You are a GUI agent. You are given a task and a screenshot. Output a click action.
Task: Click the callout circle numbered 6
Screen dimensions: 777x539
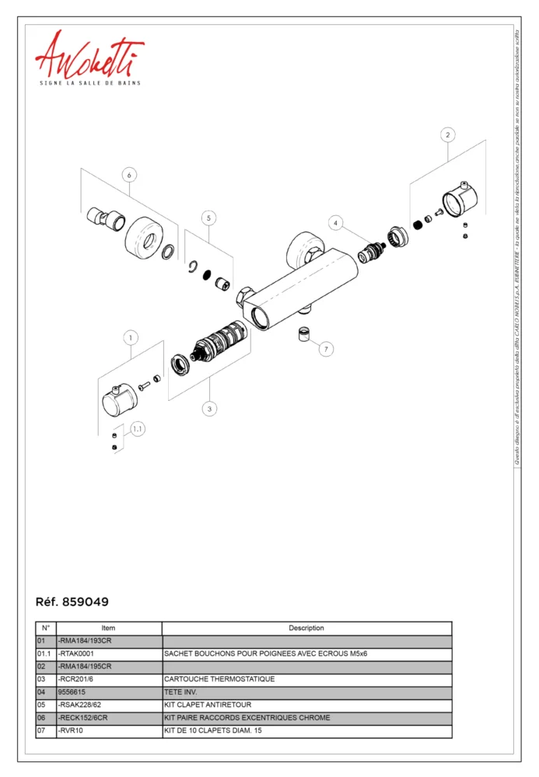pos(129,175)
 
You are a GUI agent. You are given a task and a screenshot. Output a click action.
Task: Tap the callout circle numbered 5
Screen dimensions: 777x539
pos(208,218)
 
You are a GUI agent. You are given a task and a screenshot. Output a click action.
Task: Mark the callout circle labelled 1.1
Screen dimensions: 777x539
pos(138,428)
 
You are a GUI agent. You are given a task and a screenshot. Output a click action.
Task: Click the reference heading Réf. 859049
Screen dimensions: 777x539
pos(72,602)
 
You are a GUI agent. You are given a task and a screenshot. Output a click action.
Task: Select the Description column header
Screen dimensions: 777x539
pos(306,628)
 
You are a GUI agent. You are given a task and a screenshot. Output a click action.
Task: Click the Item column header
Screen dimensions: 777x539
pos(109,628)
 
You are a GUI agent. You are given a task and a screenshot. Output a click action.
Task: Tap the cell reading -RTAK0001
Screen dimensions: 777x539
pos(109,654)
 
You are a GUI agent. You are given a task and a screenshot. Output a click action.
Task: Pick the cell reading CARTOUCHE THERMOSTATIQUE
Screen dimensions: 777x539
pos(306,679)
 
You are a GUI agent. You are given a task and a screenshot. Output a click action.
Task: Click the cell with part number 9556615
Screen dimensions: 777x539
pos(109,692)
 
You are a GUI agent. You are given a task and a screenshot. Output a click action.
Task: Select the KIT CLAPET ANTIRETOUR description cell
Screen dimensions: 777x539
pos(306,705)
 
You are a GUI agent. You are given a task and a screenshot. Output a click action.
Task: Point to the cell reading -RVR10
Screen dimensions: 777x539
pos(109,730)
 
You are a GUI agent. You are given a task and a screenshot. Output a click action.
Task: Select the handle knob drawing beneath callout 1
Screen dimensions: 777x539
pos(119,399)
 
